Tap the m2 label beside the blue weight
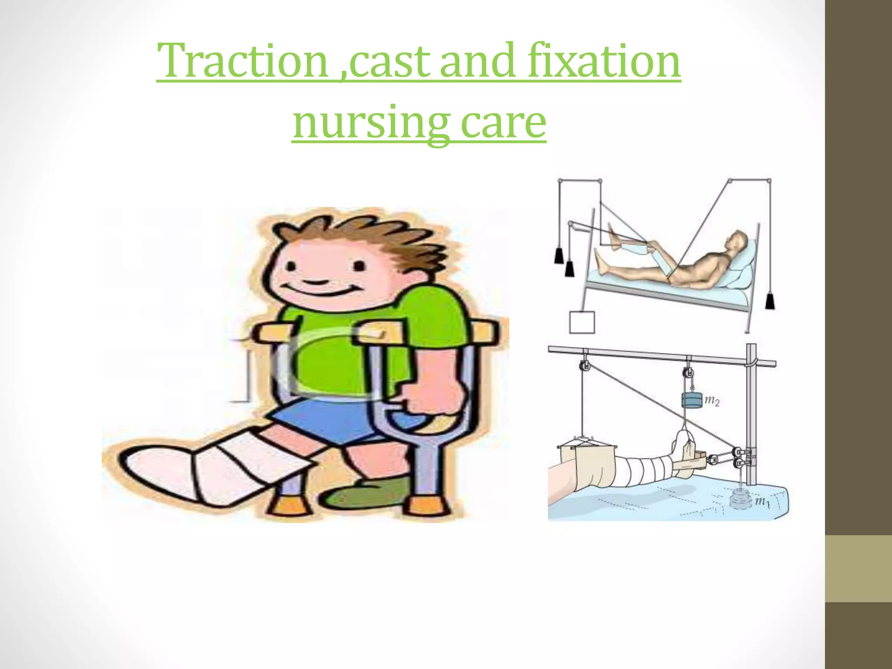712,401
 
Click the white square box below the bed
582,322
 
